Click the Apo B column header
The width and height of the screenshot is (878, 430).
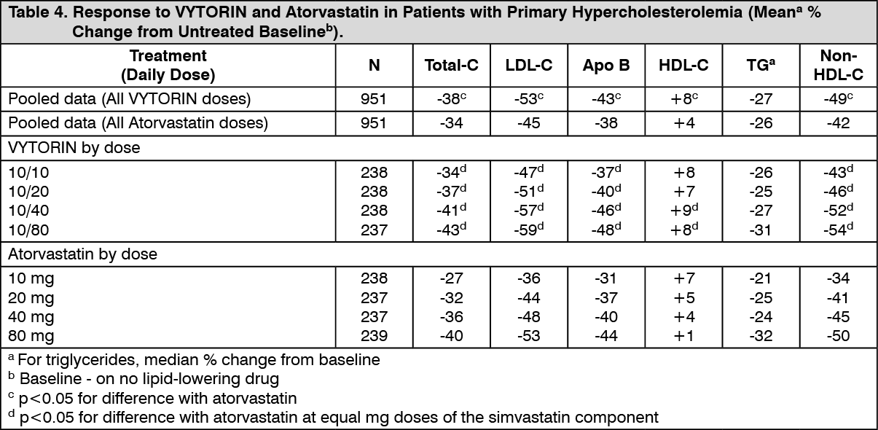tap(606, 65)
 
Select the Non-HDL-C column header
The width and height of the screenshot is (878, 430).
tap(839, 65)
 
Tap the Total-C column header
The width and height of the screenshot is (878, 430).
tap(452, 65)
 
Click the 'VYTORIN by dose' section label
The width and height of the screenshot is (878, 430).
tap(74, 148)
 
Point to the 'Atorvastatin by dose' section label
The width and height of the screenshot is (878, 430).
tap(83, 254)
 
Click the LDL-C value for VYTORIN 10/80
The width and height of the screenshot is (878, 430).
tap(529, 229)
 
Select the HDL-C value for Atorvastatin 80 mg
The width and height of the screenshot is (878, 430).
tap(684, 336)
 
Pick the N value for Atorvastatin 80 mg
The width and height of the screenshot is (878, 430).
tap(374, 336)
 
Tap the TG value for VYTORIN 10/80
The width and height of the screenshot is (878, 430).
tap(761, 230)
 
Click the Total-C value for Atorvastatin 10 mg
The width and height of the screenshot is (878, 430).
tap(452, 278)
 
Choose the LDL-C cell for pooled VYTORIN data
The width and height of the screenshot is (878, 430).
tap(529, 98)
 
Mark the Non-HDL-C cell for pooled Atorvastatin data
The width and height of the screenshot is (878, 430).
tap(839, 123)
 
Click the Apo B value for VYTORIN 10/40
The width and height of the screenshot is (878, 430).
tap(606, 210)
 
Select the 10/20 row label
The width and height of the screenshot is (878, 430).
tap(28, 192)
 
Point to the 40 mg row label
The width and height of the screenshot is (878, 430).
tap(31, 317)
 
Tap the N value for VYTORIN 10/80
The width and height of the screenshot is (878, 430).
tap(374, 230)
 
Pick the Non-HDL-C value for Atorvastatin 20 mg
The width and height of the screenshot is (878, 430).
tap(839, 298)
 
